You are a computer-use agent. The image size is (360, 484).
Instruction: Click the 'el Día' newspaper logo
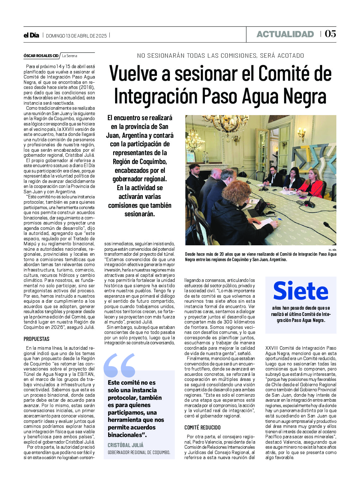click(x=31, y=35)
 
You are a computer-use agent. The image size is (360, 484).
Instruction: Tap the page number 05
click(x=330, y=34)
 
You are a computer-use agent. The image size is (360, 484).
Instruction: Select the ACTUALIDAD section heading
click(x=285, y=34)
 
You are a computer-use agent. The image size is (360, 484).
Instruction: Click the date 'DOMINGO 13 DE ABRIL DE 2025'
click(x=76, y=36)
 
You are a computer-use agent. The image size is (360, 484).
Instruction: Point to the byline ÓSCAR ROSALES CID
click(x=41, y=56)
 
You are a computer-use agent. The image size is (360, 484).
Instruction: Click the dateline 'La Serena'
click(x=69, y=56)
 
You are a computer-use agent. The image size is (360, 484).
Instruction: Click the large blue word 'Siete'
click(x=300, y=291)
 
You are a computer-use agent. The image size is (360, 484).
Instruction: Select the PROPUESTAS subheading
click(x=37, y=339)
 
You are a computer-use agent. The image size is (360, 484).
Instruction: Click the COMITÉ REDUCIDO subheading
click(x=202, y=428)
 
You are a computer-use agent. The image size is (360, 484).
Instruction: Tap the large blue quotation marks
click(x=119, y=365)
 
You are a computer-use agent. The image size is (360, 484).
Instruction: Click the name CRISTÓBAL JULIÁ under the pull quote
click(x=125, y=445)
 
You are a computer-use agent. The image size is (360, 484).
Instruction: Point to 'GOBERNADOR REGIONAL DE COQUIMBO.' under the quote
click(x=139, y=452)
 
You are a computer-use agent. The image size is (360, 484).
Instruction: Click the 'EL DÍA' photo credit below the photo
click(x=332, y=250)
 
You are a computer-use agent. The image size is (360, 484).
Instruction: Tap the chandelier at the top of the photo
click(x=220, y=123)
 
